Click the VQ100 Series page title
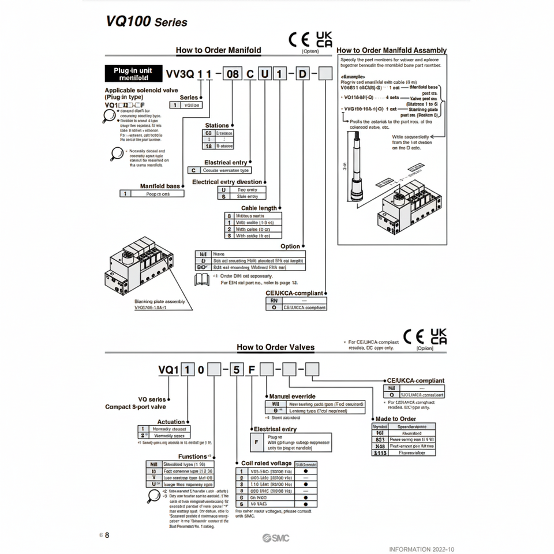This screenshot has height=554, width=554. (x=147, y=22)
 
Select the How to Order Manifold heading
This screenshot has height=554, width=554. (x=218, y=50)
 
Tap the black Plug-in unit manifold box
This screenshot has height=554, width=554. (x=133, y=73)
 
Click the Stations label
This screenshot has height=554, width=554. (x=217, y=125)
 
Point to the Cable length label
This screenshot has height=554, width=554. (x=259, y=208)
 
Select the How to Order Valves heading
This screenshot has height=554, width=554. (x=275, y=347)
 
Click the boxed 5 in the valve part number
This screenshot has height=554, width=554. (x=236, y=370)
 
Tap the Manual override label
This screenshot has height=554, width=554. (x=292, y=396)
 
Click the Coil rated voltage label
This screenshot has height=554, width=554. (x=266, y=463)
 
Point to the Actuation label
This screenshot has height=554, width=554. (x=171, y=422)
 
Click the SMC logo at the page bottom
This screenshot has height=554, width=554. (x=275, y=538)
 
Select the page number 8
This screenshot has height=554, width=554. (x=107, y=535)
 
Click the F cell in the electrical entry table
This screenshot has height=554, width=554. (x=257, y=443)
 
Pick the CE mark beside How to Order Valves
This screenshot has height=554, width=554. (x=413, y=337)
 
